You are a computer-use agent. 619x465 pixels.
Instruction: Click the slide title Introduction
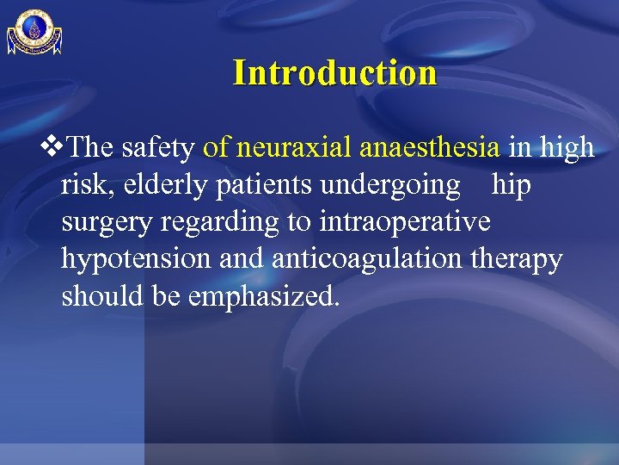(334, 72)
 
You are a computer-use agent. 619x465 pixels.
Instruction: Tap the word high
(566, 148)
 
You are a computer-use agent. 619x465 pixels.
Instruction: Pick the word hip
(511, 185)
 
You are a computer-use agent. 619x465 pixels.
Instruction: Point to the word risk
(82, 185)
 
